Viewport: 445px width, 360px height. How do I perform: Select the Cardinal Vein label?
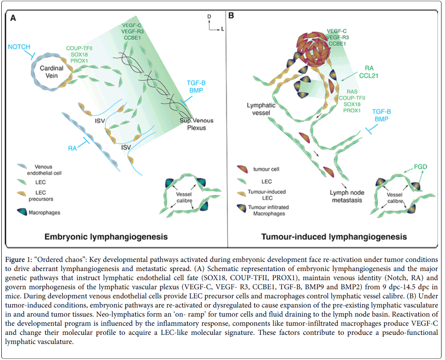coord(53,72)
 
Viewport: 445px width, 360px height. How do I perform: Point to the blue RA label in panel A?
coord(73,147)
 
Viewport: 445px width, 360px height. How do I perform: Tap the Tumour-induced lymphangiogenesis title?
coord(334,237)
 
